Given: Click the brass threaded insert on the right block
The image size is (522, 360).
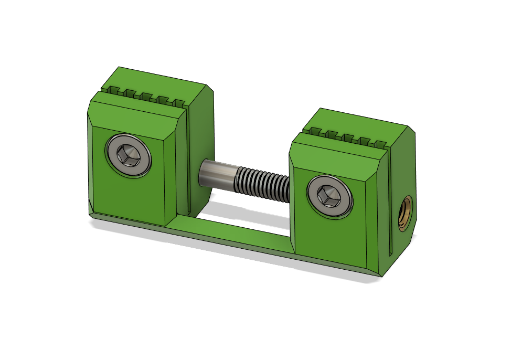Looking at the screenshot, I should click(406, 213).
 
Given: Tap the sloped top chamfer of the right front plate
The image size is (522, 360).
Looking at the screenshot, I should click(336, 153).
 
